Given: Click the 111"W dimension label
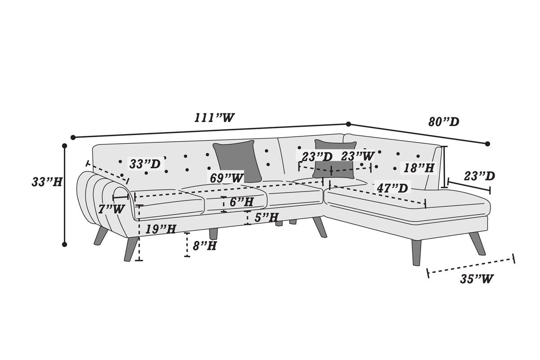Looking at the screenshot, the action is [x=214, y=117].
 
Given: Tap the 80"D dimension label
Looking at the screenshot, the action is [x=444, y=122].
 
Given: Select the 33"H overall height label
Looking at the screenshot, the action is [x=47, y=181].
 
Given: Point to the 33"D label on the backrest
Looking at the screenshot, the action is [x=145, y=164].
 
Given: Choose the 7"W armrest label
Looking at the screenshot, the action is [x=112, y=209].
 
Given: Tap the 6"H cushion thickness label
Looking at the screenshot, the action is [x=241, y=202].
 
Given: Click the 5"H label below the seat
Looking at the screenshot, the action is [x=266, y=217].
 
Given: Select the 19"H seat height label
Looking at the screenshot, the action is [x=161, y=229].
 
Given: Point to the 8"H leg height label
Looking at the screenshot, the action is [x=205, y=246].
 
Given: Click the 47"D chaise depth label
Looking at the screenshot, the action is [x=392, y=188].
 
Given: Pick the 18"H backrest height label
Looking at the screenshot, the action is [x=419, y=167].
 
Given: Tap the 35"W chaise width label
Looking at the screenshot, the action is [x=477, y=279].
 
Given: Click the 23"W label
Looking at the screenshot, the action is [x=358, y=156].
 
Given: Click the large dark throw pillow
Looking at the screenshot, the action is [x=238, y=161].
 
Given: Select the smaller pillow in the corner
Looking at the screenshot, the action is [x=334, y=159].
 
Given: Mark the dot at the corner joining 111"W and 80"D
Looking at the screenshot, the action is [x=348, y=124].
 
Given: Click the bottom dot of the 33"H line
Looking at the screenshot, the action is [x=64, y=244].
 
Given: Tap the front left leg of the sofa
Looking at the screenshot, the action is [x=130, y=249].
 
